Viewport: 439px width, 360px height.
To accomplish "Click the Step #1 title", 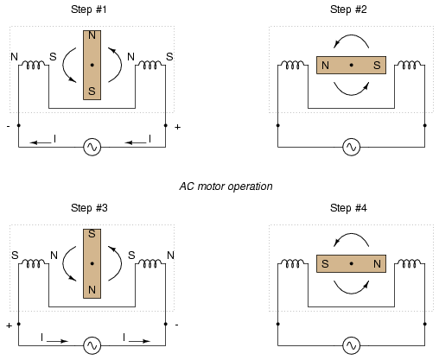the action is coord(89,9).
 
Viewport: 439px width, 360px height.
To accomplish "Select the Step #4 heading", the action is coord(348,208).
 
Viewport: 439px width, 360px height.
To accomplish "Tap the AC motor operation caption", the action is coord(226,186).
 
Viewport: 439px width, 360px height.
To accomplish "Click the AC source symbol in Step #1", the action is coord(92,147).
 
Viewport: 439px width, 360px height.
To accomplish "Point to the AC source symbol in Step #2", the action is coord(352,147).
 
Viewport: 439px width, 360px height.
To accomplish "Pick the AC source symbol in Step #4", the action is coord(352,345).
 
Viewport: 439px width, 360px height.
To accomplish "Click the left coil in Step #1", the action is coord(34,65).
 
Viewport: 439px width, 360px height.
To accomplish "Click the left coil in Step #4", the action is coord(293,263).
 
